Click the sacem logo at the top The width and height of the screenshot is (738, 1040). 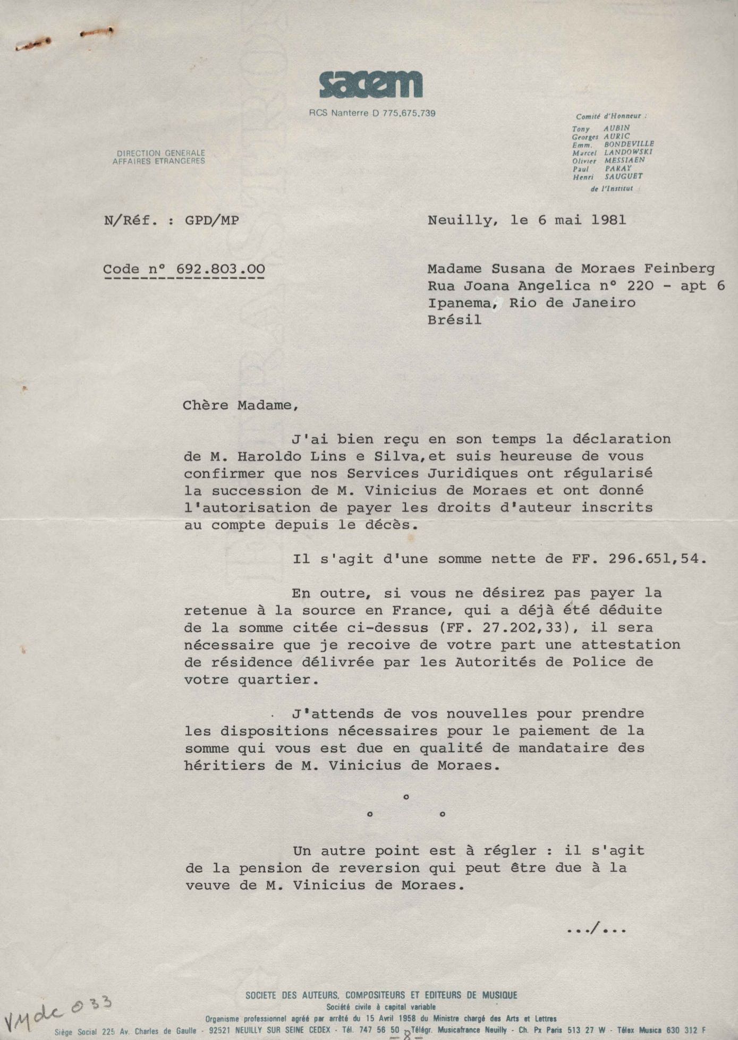(x=370, y=85)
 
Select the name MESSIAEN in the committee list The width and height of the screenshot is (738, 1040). (x=624, y=160)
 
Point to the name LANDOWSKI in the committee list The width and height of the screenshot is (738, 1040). (x=628, y=152)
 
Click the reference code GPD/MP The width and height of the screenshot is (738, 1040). (x=211, y=220)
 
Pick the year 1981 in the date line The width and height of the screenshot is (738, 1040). (x=608, y=220)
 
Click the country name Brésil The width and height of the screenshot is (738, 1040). (x=454, y=320)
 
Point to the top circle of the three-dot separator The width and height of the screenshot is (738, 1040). (x=406, y=797)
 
